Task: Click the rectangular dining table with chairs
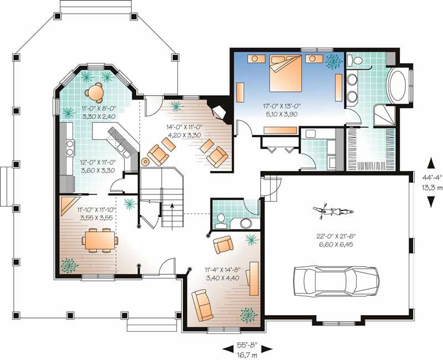click(100, 240)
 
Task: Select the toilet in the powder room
click(220, 220)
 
